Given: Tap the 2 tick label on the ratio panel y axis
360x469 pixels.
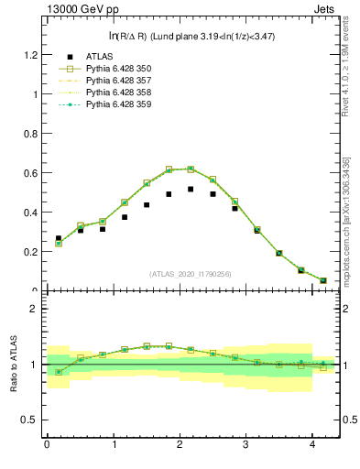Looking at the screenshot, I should click(x=34, y=309).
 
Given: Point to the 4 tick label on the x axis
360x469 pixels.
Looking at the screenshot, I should click(x=313, y=446).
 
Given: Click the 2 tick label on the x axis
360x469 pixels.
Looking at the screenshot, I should click(x=180, y=446).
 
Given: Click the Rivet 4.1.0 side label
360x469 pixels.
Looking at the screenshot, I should click(x=348, y=64).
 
